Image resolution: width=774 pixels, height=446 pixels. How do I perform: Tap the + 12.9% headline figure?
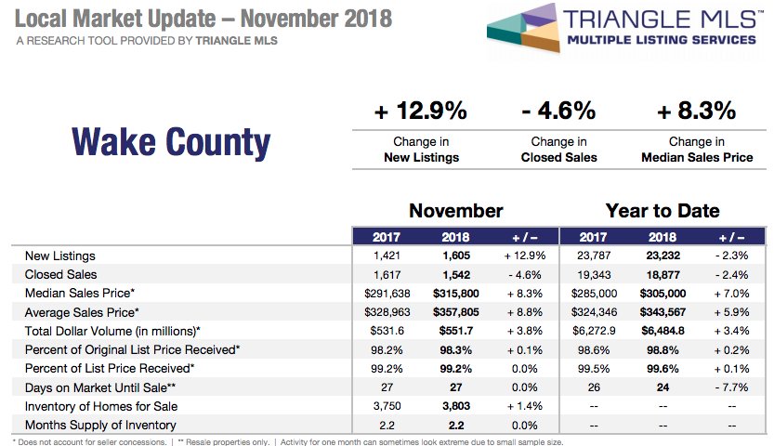(x=421, y=111)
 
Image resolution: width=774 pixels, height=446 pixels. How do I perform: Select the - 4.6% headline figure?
(x=558, y=111)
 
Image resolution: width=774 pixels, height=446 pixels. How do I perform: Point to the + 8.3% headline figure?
(x=696, y=111)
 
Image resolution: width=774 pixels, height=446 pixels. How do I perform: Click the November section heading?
(x=455, y=211)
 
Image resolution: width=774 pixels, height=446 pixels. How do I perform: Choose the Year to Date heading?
(x=662, y=211)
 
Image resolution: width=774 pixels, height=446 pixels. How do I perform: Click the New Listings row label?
(x=60, y=256)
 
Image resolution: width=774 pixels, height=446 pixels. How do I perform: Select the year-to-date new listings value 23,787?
(x=593, y=256)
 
